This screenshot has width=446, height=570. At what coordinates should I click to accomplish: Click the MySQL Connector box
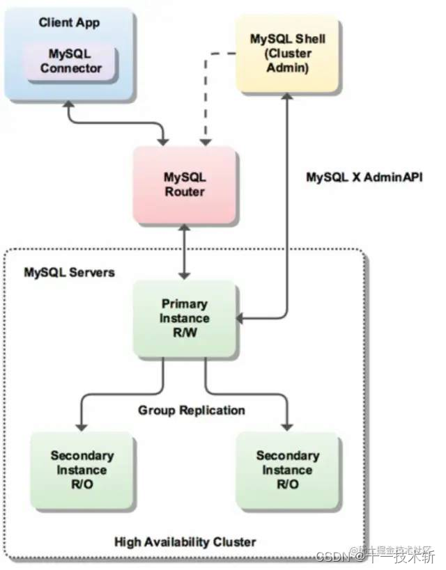(70, 61)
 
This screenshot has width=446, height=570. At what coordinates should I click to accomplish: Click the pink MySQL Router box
(184, 184)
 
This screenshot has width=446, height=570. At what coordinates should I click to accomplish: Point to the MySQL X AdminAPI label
(364, 177)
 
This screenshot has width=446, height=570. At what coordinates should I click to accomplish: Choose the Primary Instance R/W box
(185, 318)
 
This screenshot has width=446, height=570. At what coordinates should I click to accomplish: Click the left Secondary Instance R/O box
(82, 470)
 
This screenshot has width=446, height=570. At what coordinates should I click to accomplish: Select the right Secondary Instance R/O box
(287, 470)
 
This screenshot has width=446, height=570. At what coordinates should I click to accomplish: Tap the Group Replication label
(191, 410)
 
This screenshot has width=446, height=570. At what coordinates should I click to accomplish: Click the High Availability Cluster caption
(185, 541)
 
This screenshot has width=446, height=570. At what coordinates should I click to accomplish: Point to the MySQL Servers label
(69, 272)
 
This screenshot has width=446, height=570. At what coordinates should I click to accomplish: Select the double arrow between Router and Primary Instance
(184, 251)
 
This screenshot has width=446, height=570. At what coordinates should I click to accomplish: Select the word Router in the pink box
(184, 191)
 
